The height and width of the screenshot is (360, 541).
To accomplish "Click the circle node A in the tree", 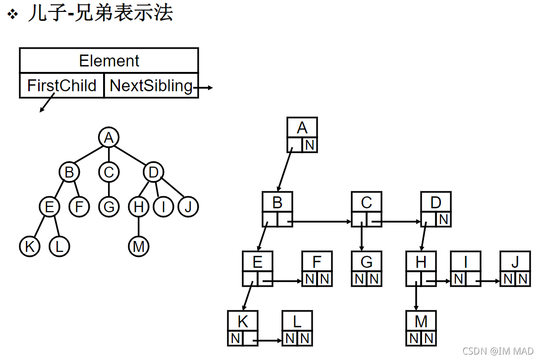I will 108,137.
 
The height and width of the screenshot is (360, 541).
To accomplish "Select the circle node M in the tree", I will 138,246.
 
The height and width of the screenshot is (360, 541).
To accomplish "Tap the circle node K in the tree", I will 30,246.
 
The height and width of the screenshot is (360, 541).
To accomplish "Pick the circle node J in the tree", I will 188,207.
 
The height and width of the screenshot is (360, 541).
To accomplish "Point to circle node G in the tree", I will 108,207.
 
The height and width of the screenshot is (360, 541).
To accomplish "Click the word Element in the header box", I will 109,61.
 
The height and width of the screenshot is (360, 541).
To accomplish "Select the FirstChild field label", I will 62,86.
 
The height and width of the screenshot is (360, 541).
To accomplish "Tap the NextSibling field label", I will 151,86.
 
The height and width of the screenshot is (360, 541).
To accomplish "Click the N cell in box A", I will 310,145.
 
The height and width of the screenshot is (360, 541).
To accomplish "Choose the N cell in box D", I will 444,219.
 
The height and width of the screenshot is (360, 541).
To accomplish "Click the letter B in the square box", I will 277,202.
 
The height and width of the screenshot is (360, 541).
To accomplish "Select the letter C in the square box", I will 367,202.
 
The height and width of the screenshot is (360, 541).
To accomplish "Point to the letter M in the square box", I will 421,321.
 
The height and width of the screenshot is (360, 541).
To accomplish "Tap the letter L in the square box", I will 297,321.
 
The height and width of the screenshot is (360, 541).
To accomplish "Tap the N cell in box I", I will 458,279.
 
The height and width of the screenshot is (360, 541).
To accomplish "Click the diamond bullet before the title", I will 13,14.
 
